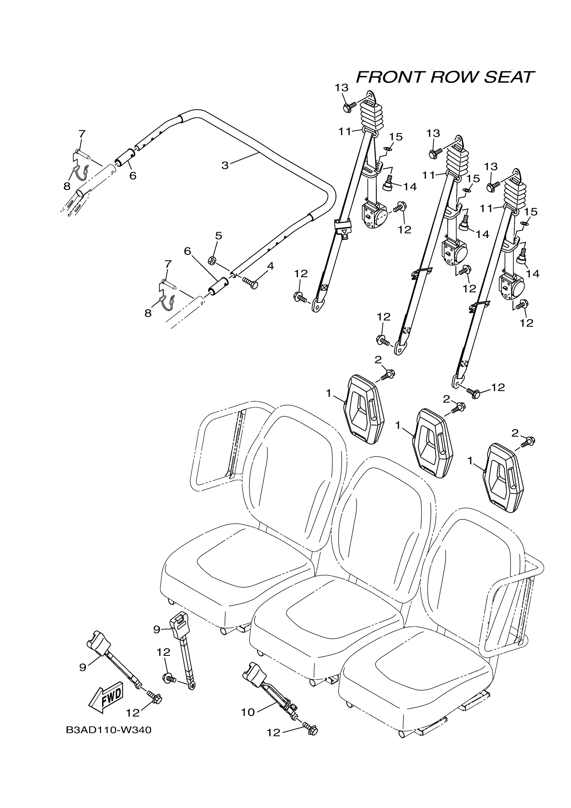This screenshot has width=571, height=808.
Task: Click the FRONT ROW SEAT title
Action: pos(445,77)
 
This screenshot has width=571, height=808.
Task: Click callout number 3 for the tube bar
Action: pos(225,165)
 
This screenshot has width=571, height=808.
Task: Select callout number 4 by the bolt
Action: pos(270,266)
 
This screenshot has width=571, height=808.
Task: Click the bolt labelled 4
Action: pos(250,282)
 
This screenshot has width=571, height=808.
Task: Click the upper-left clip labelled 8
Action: pos(81,171)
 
